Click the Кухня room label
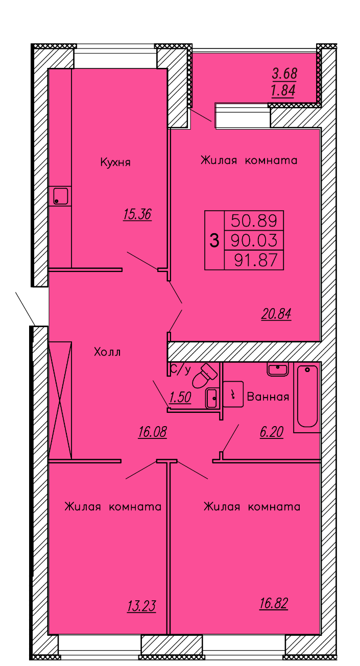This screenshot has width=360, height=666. [115, 163]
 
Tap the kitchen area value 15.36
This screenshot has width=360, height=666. [137, 214]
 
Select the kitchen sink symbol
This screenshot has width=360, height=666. [60, 196]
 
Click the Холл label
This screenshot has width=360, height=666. [107, 352]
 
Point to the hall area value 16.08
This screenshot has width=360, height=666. [152, 433]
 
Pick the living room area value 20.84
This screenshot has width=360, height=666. [276, 314]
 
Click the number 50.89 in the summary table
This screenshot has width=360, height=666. [254, 221]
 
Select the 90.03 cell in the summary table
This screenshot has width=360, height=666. [254, 240]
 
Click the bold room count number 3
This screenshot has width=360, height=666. [214, 240]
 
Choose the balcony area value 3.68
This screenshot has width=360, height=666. [284, 73]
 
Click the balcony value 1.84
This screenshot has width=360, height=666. [284, 91]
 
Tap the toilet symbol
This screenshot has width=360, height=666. [204, 376]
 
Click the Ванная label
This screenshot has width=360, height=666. [268, 397]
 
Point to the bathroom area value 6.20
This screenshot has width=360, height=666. [271, 433]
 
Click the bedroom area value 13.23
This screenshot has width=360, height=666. [141, 606]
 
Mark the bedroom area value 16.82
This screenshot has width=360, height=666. [274, 604]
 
